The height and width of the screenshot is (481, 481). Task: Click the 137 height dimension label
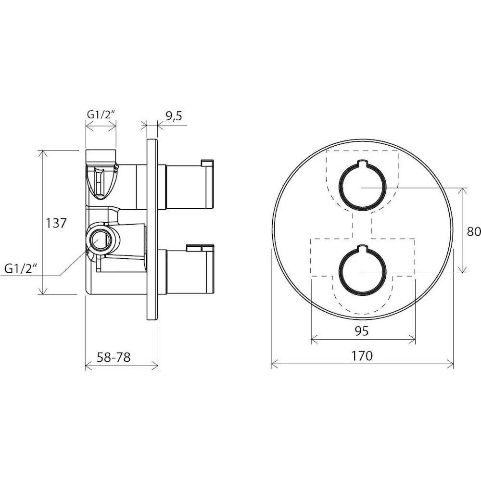point(56,223)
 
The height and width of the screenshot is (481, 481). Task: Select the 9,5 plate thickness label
point(174,116)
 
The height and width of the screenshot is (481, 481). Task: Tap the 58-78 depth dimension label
point(114,357)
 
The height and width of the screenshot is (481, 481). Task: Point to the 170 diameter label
point(362,356)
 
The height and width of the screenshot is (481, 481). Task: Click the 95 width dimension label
point(362,331)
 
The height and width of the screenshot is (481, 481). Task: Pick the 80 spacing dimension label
point(474,232)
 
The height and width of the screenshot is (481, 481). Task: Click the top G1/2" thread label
point(101,114)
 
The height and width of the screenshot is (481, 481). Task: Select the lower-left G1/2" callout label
point(21,269)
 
